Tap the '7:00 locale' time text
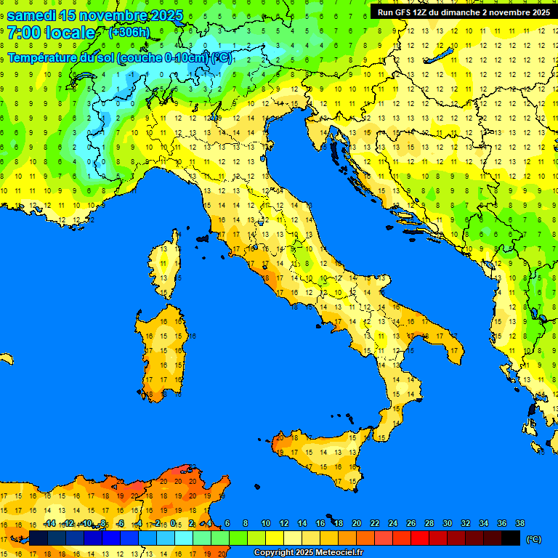[51, 33]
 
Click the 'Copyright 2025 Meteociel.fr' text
[308, 553]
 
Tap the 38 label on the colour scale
[519, 524]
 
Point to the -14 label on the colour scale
[49, 524]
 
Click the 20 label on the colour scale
[356, 524]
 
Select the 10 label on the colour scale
[266, 524]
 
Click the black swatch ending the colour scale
[511, 538]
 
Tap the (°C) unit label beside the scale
[534, 539]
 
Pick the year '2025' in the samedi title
[161, 15]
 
